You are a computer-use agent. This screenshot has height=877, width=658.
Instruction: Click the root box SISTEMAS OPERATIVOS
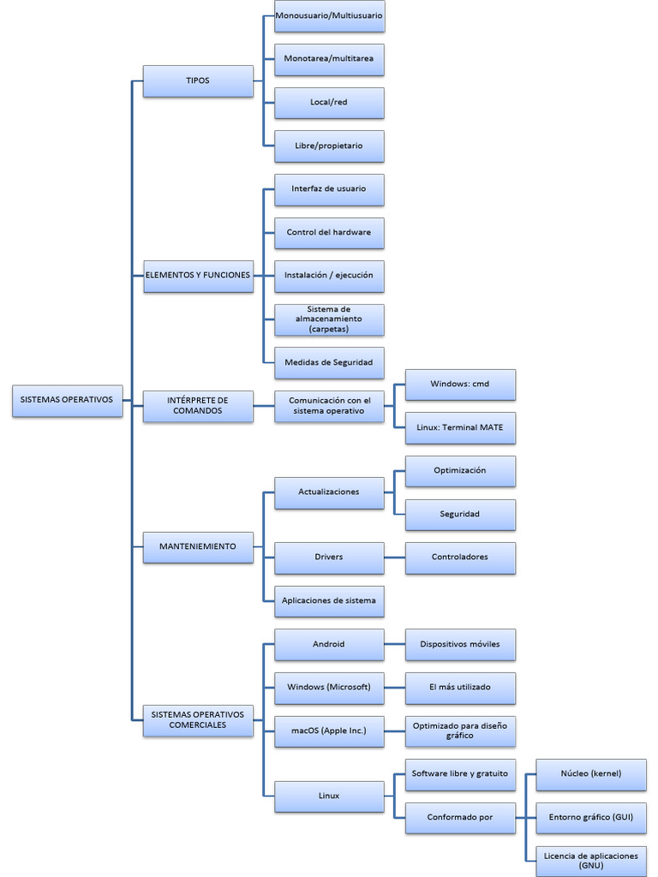pyautogui.click(x=67, y=400)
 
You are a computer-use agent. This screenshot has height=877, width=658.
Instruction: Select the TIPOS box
pyautogui.click(x=198, y=81)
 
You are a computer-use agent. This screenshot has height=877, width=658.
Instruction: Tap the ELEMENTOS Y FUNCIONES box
pyautogui.click(x=198, y=276)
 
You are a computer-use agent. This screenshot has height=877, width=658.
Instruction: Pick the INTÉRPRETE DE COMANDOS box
pyautogui.click(x=198, y=406)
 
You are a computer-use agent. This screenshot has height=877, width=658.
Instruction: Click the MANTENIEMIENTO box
pyautogui.click(x=198, y=546)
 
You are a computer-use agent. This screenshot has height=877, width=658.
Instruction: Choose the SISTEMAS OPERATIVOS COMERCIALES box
pyautogui.click(x=198, y=719)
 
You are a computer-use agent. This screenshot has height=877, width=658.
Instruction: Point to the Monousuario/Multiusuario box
pyautogui.click(x=329, y=15)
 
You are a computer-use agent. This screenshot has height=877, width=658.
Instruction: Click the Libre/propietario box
pyautogui.click(x=329, y=146)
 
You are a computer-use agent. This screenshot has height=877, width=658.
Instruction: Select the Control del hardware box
pyautogui.click(x=329, y=233)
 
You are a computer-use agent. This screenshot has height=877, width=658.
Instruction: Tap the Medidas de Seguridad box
pyautogui.click(x=329, y=362)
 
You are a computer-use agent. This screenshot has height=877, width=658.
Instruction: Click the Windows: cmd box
pyautogui.click(x=460, y=385)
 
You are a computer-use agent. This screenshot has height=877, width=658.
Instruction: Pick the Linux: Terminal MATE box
pyautogui.click(x=460, y=427)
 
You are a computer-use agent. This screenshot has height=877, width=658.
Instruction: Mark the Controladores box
pyautogui.click(x=460, y=557)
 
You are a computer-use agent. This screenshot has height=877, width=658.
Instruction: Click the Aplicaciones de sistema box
pyautogui.click(x=329, y=601)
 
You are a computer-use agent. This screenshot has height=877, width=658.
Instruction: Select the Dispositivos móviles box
pyautogui.click(x=460, y=644)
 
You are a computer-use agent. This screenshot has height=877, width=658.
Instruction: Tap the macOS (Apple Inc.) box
pyautogui.click(x=329, y=731)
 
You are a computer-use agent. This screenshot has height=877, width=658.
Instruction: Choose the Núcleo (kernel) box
pyautogui.click(x=591, y=774)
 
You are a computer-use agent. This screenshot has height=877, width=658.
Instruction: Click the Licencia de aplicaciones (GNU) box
pyautogui.click(x=591, y=860)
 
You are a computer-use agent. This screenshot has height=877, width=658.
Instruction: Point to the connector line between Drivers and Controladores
pyautogui.click(x=394, y=558)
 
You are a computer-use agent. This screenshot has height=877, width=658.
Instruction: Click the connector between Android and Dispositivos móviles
pyautogui.click(x=394, y=644)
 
